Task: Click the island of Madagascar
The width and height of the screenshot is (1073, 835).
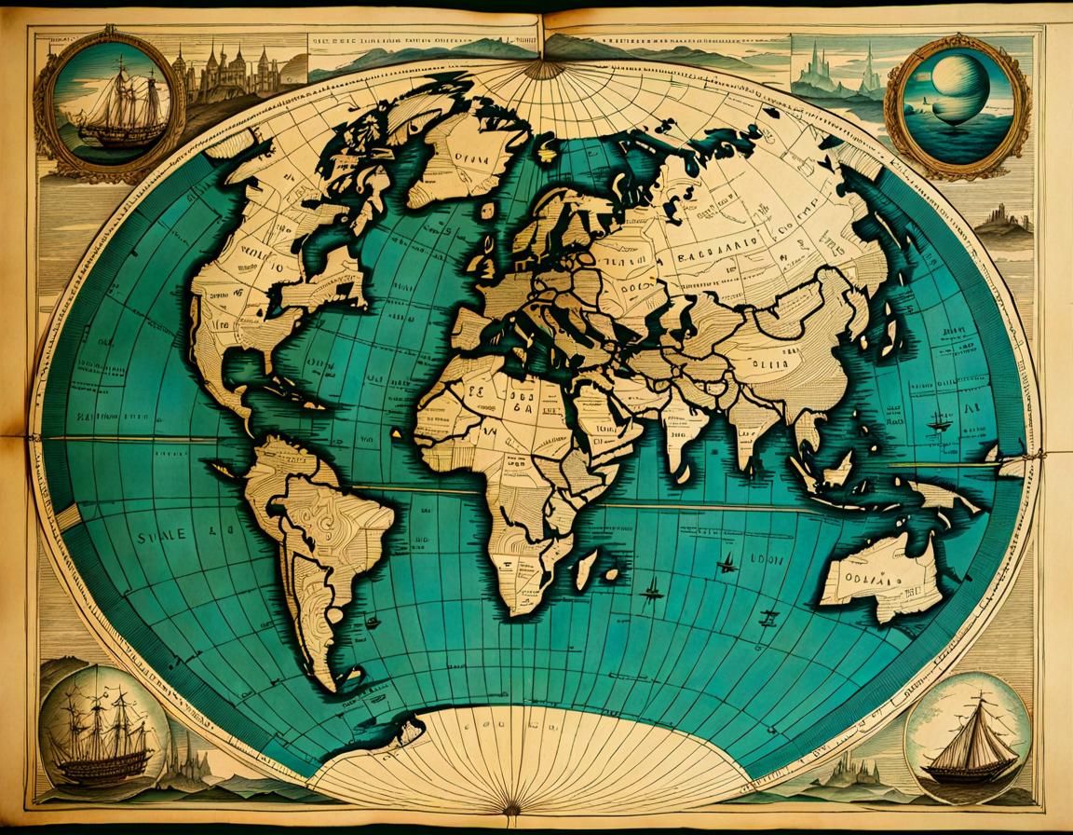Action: [x=586, y=568]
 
